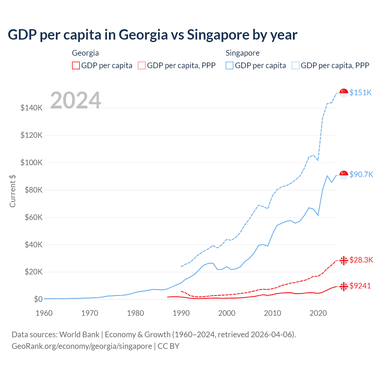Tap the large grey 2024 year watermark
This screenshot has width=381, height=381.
(x=76, y=100)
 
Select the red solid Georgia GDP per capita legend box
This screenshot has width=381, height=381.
(x=76, y=65)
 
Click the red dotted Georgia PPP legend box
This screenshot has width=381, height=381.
(x=142, y=65)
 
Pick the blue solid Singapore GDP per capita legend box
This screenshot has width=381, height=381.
(x=229, y=65)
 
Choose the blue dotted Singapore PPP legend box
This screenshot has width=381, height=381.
(x=296, y=65)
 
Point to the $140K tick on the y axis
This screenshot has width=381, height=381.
(x=32, y=108)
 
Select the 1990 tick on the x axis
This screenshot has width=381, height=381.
(x=181, y=313)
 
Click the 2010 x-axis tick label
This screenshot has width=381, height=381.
(x=272, y=313)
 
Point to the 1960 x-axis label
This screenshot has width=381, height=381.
(x=44, y=313)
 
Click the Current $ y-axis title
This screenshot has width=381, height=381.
(x=13, y=191)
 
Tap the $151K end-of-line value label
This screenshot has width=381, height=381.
(x=360, y=93)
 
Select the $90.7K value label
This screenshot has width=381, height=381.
(x=361, y=174)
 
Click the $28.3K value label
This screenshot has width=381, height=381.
(x=361, y=260)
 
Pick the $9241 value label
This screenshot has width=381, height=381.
(x=360, y=286)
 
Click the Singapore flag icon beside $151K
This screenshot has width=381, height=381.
(x=344, y=93)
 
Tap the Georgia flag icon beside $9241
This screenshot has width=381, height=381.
(x=344, y=286)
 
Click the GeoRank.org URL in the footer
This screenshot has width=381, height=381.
(x=82, y=346)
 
